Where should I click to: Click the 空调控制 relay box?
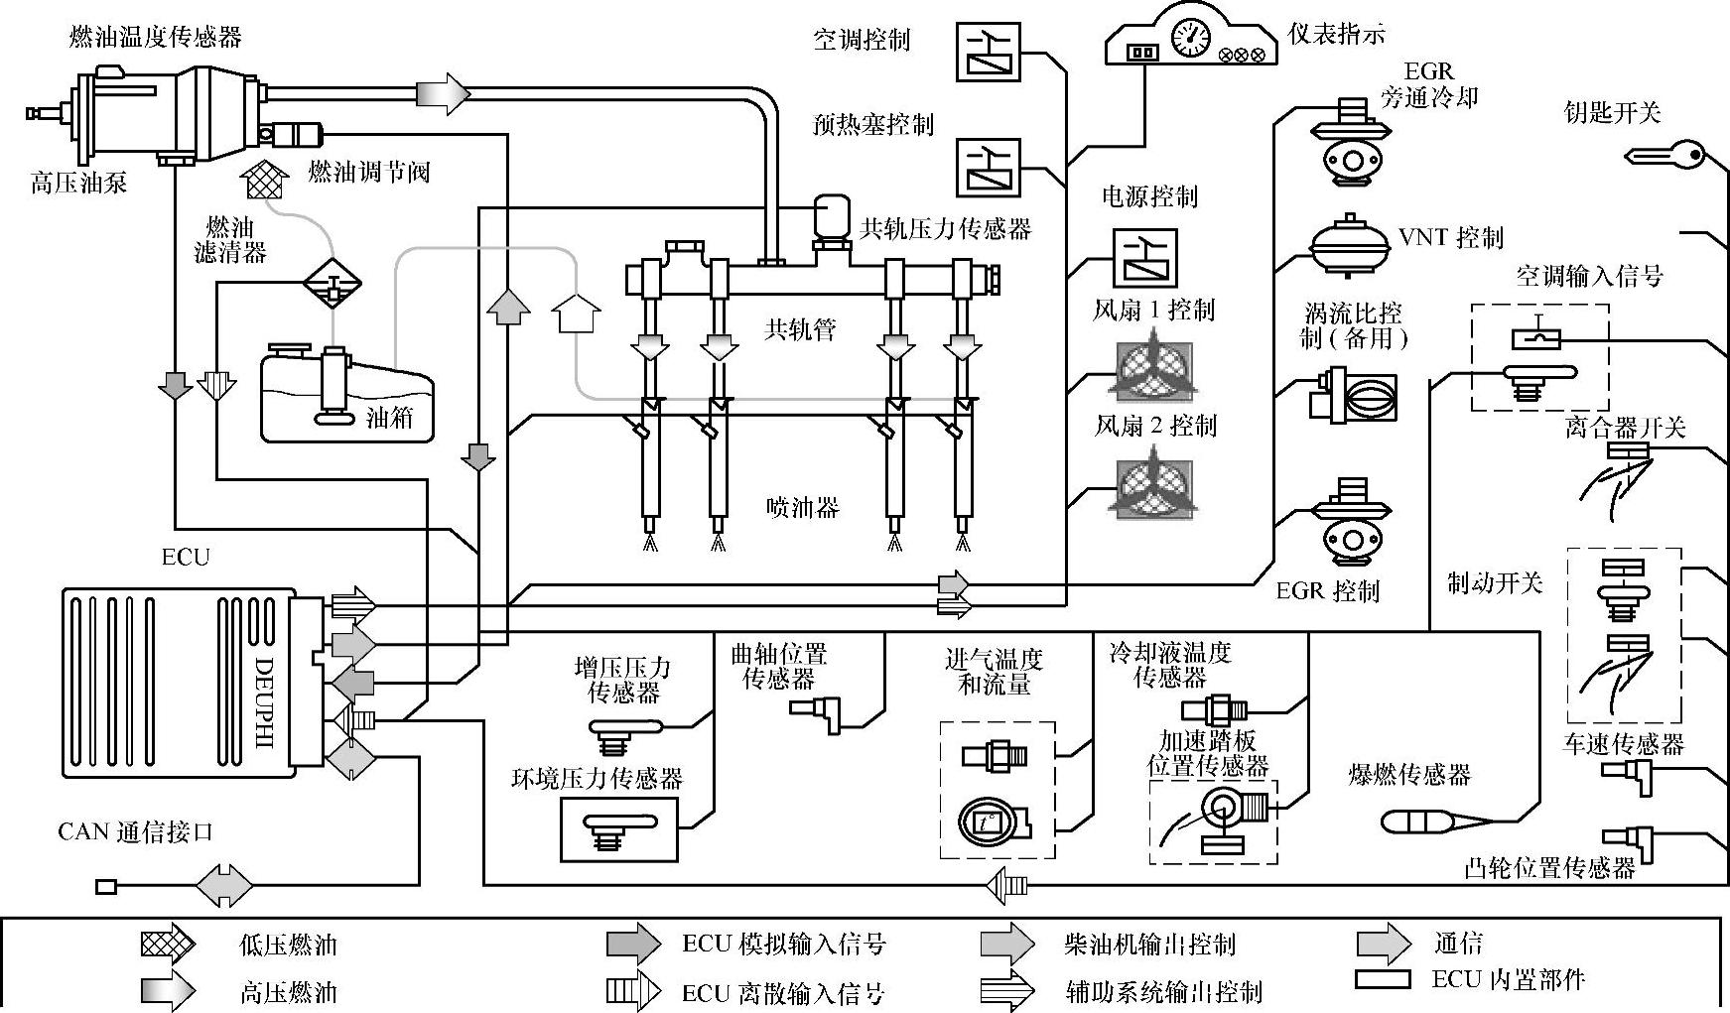[x=989, y=52]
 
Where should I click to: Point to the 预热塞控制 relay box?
[x=989, y=166]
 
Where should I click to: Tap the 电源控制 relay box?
[x=1144, y=258]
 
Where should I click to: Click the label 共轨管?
[x=800, y=329]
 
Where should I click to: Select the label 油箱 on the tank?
[x=389, y=417]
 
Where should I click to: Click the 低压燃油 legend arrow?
[x=167, y=944]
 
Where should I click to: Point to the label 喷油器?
[x=802, y=509]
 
